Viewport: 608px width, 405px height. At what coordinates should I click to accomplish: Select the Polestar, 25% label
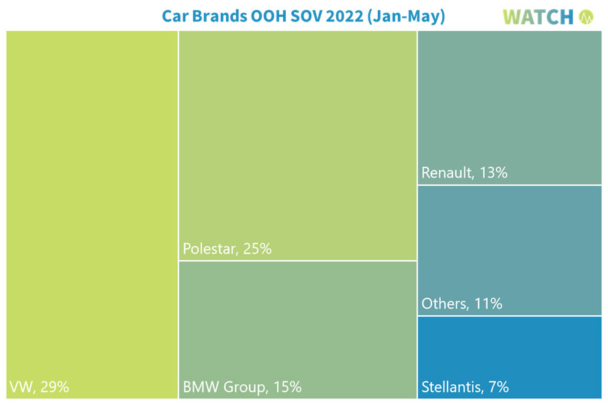[x=227, y=249]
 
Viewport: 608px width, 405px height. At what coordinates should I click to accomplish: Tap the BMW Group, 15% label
[x=242, y=387]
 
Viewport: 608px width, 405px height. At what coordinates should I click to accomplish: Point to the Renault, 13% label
[x=464, y=173]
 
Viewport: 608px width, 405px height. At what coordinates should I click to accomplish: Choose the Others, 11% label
[x=462, y=304]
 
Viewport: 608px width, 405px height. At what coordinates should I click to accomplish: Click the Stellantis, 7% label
[x=465, y=387]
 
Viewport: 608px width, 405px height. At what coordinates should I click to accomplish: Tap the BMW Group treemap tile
[x=297, y=322]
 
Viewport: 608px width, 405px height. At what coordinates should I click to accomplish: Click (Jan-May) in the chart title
[x=406, y=16]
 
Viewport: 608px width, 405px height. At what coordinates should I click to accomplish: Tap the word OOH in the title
[x=262, y=16]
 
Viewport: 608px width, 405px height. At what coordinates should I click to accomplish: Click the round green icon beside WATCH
[x=587, y=17]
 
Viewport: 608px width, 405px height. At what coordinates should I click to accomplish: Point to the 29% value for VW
[x=54, y=387]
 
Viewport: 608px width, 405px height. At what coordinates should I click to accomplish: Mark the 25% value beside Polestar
[x=257, y=249]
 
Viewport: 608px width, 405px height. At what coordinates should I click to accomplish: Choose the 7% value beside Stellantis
[x=497, y=387]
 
